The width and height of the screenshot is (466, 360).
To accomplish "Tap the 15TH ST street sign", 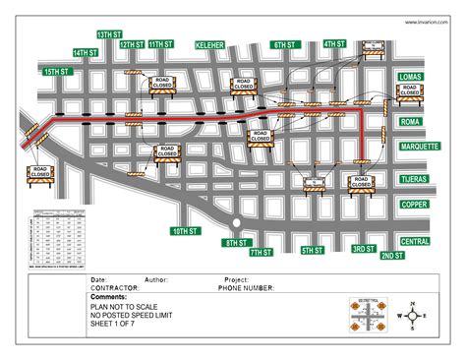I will click(57, 72).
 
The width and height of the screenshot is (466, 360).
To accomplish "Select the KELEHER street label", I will click(210, 45).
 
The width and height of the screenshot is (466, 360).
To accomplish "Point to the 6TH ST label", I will click(285, 45).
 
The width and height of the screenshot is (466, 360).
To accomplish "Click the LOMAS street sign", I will click(410, 77).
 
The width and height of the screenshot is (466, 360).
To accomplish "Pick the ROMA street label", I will click(410, 123).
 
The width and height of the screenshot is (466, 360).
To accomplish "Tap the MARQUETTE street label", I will click(419, 146).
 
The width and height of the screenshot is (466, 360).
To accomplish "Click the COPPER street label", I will click(413, 205).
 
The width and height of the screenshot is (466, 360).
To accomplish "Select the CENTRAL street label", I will click(415, 241).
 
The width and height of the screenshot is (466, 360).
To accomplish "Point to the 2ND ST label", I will click(391, 256).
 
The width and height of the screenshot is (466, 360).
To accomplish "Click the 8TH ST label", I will click(235, 242).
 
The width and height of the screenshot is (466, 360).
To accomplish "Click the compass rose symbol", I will click(414, 316).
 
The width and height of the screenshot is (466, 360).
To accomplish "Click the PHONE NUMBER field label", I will click(245, 288).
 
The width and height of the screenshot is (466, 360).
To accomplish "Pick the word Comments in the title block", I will click(108, 296).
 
